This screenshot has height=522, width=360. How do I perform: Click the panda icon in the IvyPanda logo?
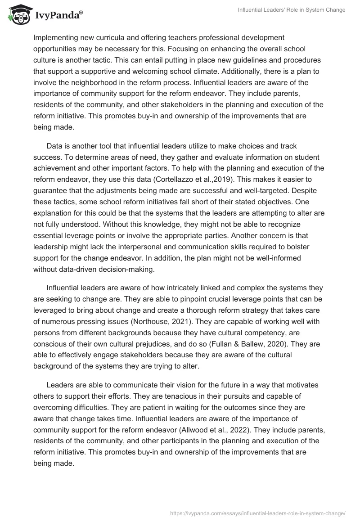[x=18, y=15]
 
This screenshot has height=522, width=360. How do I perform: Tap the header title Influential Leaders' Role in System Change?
[x=292, y=10]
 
